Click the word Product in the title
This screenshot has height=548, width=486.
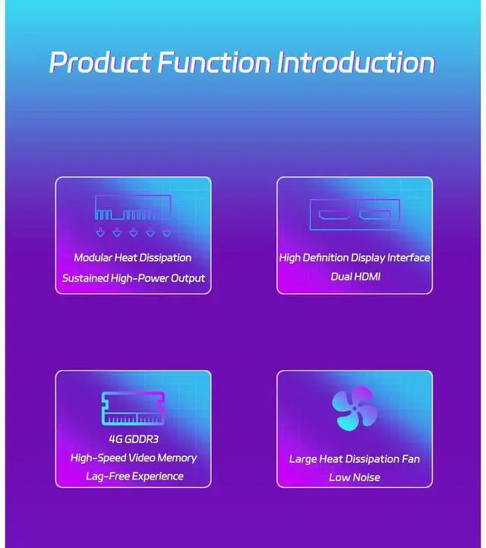(100, 62)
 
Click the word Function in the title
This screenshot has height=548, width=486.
(214, 62)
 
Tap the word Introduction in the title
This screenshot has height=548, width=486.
(356, 62)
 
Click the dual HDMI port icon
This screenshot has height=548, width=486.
(355, 214)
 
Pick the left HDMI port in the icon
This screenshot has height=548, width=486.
(334, 214)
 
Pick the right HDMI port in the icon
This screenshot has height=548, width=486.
(375, 214)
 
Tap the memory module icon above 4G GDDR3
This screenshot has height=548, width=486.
(133, 408)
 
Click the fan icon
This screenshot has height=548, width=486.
(355, 408)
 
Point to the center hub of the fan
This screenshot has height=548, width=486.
(355, 408)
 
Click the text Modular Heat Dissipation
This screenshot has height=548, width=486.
(133, 258)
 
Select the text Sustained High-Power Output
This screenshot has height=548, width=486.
(134, 278)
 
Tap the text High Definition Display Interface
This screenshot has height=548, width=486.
(355, 258)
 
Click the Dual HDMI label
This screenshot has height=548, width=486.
(355, 277)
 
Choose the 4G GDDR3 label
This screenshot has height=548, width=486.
(134, 439)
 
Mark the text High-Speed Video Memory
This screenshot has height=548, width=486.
(134, 458)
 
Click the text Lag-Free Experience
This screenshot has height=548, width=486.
(134, 477)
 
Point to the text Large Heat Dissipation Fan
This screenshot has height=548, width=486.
(355, 459)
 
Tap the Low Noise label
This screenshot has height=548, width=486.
(355, 477)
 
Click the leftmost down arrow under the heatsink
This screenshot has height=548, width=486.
(100, 232)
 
